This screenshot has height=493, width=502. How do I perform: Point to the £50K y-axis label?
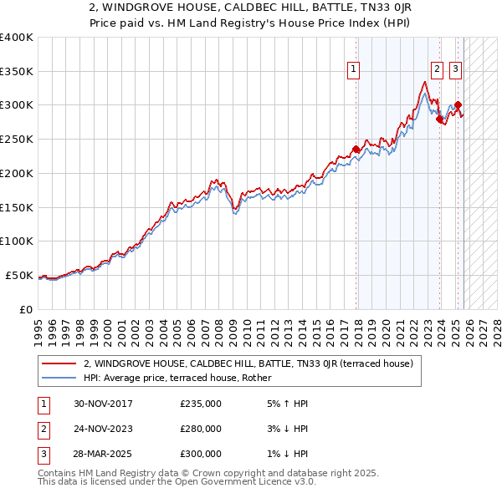pyautogui.click(x=19, y=275)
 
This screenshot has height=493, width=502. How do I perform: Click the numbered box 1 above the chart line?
pyautogui.click(x=354, y=69)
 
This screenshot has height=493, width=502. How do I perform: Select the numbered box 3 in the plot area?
pyautogui.click(x=455, y=69)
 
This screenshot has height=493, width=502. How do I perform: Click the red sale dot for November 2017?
pyautogui.click(x=356, y=150)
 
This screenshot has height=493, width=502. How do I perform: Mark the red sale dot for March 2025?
pyautogui.click(x=458, y=105)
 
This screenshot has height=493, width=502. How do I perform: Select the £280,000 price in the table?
pyautogui.click(x=201, y=429)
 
